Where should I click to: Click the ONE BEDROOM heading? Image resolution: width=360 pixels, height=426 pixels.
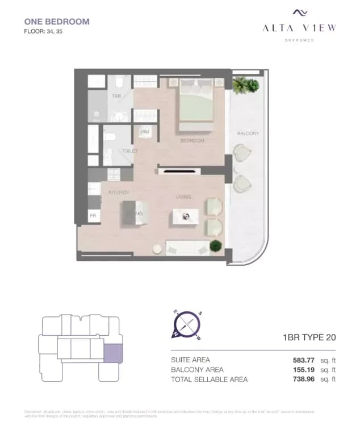point(57,22)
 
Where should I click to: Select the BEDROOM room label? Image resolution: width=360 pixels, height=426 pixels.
point(192,140)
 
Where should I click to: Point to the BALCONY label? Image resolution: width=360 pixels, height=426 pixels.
point(248,133)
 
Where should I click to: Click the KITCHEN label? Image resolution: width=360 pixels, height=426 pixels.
point(119,193)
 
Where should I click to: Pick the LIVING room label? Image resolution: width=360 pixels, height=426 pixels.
point(183,197)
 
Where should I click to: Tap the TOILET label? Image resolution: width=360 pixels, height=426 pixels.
point(129,151)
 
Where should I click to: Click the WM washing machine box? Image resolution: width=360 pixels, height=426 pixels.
point(144,132)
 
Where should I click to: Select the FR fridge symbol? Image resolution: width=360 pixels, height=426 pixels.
point(93,216)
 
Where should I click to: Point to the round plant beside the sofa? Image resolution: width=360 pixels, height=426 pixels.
point(216,245)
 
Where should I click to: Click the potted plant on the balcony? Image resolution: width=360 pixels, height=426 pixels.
point(246,85)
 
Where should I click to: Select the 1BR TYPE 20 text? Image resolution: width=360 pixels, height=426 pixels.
point(309,337)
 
